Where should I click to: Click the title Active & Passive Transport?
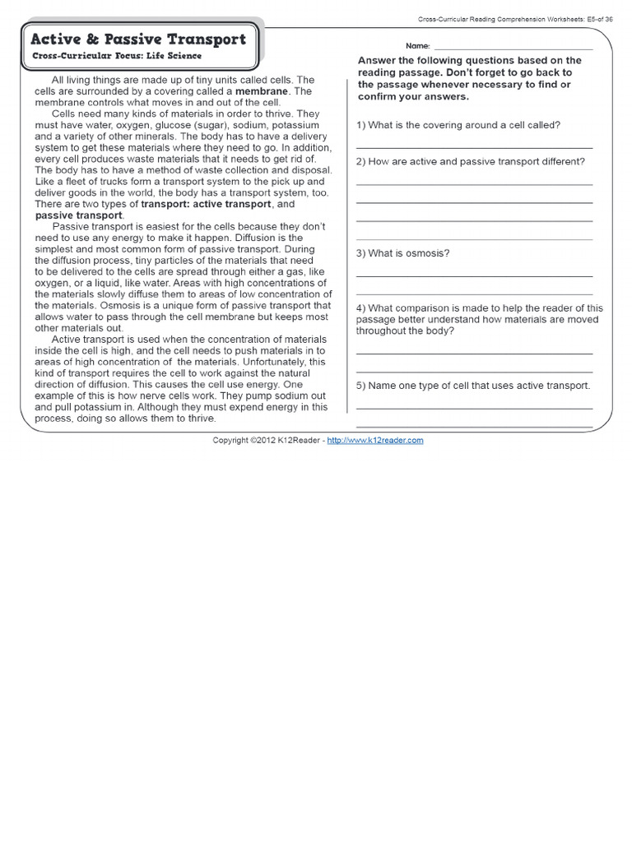tap(138, 39)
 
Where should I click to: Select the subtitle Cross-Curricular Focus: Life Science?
tap(118, 55)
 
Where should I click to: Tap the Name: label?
tap(417, 46)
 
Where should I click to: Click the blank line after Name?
tap(512, 48)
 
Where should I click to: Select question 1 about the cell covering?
tap(458, 125)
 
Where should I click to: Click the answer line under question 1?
tap(474, 146)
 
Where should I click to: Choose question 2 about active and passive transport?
tap(470, 161)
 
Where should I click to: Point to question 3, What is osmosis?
tap(403, 253)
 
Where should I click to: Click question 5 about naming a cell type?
tap(473, 385)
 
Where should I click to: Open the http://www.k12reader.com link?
tap(375, 441)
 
